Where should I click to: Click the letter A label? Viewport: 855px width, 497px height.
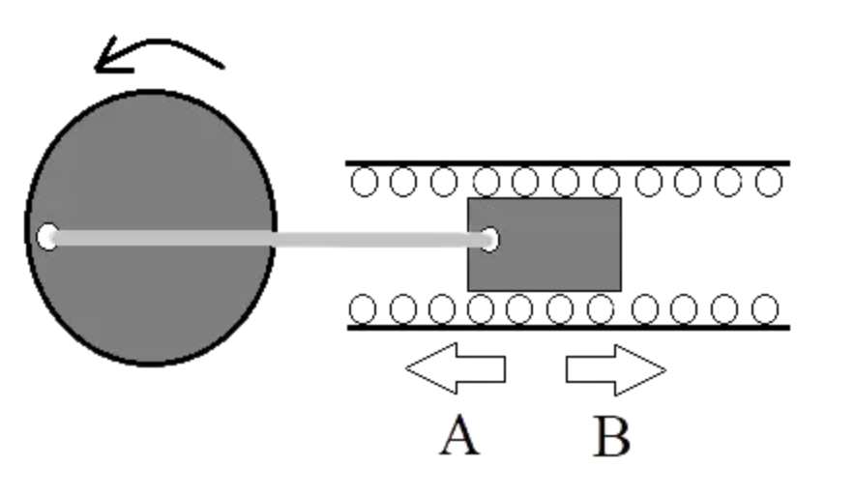click(459, 436)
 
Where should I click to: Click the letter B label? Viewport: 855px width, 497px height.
click(611, 436)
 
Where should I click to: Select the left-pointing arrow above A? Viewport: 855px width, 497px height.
click(455, 368)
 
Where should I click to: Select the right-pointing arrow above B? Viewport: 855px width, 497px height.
click(615, 369)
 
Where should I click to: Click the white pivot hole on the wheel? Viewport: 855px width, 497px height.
click(47, 235)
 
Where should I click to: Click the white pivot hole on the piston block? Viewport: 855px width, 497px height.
click(488, 239)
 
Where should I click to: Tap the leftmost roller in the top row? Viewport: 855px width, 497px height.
click(364, 182)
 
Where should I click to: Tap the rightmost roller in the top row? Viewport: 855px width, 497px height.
click(768, 182)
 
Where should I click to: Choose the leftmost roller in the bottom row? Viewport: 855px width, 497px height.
click(362, 309)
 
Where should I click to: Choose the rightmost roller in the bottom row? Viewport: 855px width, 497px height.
click(765, 309)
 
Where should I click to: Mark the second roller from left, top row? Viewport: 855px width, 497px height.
click(403, 182)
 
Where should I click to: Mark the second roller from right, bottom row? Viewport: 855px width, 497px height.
click(725, 309)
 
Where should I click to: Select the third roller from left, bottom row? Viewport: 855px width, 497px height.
click(441, 309)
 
